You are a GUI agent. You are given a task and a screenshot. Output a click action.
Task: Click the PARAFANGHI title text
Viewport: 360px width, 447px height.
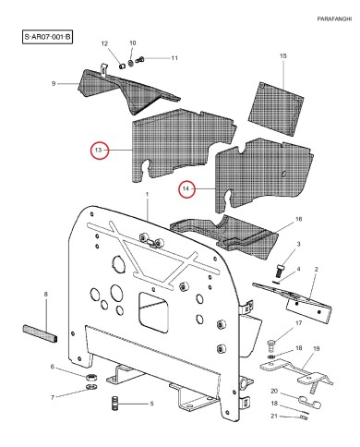(323, 18)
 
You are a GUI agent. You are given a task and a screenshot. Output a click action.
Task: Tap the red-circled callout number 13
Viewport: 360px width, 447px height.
(100, 150)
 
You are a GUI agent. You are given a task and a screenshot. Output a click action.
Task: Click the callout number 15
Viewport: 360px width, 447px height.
(282, 57)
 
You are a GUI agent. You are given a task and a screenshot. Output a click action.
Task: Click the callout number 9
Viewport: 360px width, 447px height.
(54, 84)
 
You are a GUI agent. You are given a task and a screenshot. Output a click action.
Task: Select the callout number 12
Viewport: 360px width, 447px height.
(104, 43)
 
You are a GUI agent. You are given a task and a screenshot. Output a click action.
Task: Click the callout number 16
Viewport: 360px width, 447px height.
(297, 220)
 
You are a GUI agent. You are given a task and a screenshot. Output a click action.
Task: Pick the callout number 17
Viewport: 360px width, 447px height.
(298, 323)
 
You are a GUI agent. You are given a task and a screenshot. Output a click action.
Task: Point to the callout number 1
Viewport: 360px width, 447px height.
(146, 193)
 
